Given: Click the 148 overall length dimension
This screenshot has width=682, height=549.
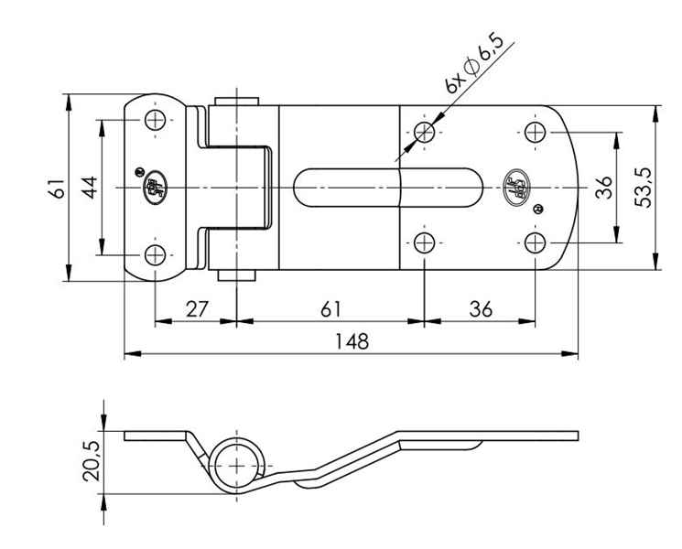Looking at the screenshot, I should [x=351, y=341].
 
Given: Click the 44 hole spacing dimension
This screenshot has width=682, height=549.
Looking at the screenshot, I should [x=88, y=188].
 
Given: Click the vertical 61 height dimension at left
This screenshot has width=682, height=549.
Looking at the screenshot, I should [x=56, y=188].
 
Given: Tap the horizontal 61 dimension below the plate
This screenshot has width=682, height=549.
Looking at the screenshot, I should [x=331, y=308].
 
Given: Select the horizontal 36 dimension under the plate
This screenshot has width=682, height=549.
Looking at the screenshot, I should [x=479, y=308].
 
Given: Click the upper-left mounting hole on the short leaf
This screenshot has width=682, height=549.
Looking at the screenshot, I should [x=157, y=121].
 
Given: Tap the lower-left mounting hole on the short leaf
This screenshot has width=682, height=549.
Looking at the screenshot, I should [x=157, y=253].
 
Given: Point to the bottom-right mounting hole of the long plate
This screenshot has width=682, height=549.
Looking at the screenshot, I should [x=536, y=242].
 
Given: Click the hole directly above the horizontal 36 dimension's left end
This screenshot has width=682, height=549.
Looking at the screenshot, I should [x=423, y=242].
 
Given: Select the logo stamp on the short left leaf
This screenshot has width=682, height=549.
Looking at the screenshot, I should [x=153, y=188].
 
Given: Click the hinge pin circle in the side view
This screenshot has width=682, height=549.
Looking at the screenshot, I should [x=238, y=465].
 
